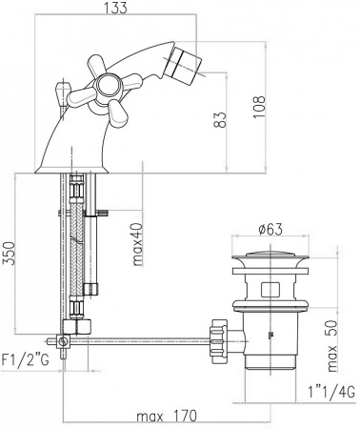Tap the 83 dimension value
[222, 118]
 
